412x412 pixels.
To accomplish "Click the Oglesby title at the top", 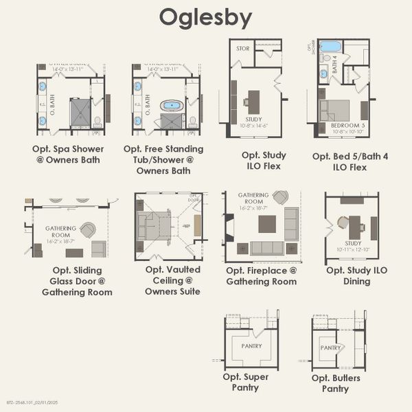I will pos(205,17).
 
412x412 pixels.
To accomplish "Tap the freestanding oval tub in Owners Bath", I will pos(171,106).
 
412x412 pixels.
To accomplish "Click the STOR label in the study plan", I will pos(242,49).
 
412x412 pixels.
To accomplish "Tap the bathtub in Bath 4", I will pos(330,47).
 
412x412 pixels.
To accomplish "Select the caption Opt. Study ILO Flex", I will pos(264,160).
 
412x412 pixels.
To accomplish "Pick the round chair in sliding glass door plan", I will pos(87,230).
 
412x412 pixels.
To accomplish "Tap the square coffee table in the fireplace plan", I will pos(267,224).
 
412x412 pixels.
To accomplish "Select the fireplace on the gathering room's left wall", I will pos(229,226).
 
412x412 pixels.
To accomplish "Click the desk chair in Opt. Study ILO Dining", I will pos(343,223).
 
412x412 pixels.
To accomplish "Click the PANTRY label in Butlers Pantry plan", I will pos(331,348).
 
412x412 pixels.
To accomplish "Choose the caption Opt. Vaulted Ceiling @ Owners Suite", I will pos(174,280).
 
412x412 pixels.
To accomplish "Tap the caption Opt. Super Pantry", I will pos(245,382).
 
